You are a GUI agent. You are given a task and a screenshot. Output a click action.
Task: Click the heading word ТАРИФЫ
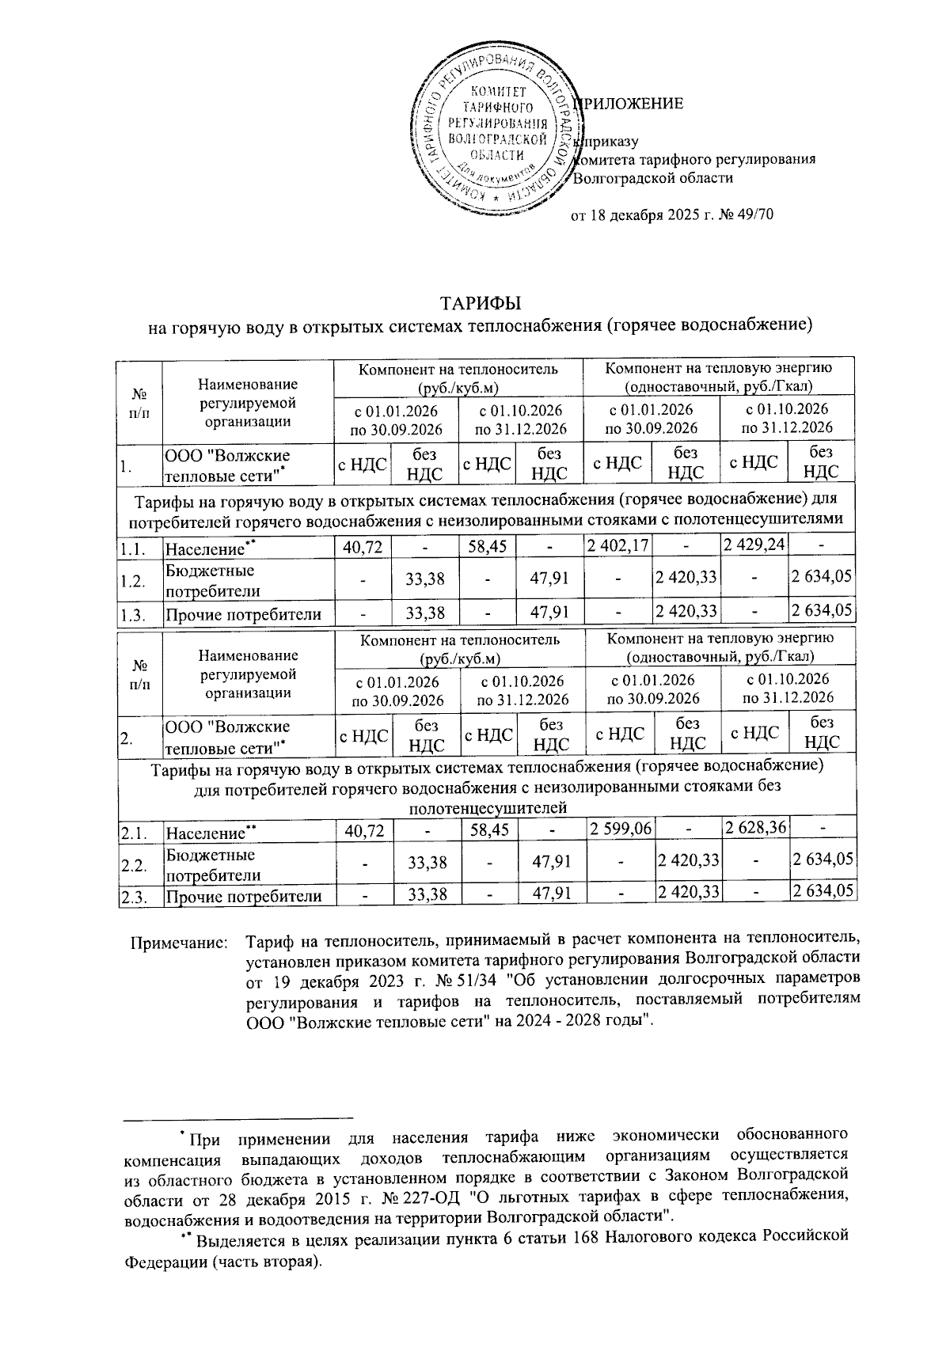coord(481,304)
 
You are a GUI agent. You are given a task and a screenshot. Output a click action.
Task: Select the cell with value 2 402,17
coord(616,545)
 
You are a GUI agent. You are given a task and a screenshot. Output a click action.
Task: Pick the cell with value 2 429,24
coord(754,545)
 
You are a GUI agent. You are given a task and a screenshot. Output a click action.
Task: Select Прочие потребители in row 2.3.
coord(243,896)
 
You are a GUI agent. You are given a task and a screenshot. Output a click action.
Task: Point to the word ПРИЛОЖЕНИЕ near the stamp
coord(633,104)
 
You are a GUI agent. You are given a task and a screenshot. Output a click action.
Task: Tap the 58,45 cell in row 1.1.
coord(488,545)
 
